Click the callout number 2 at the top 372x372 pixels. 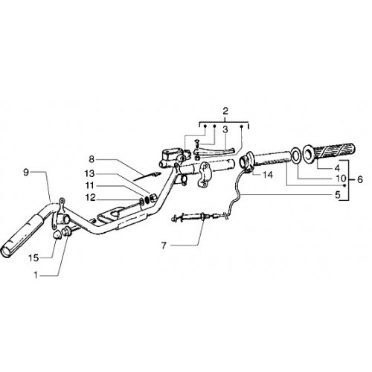(x=225, y=111)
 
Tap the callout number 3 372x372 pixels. (x=225, y=129)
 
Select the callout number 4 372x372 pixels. (x=337, y=168)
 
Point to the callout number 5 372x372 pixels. (x=338, y=195)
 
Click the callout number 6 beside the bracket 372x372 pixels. (x=360, y=179)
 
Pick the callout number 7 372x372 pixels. (x=164, y=246)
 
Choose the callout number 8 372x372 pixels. (x=92, y=159)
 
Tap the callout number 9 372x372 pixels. (x=26, y=172)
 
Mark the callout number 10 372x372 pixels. (x=341, y=178)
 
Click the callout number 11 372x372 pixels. (x=89, y=185)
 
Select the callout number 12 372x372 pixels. (x=90, y=197)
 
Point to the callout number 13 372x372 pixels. (x=89, y=173)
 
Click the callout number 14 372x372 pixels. (x=268, y=175)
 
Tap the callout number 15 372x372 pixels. (x=34, y=258)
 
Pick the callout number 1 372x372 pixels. (x=36, y=275)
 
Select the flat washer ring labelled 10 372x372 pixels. (x=296, y=155)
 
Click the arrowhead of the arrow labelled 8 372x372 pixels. (x=156, y=174)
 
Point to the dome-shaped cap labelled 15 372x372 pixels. (x=57, y=234)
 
